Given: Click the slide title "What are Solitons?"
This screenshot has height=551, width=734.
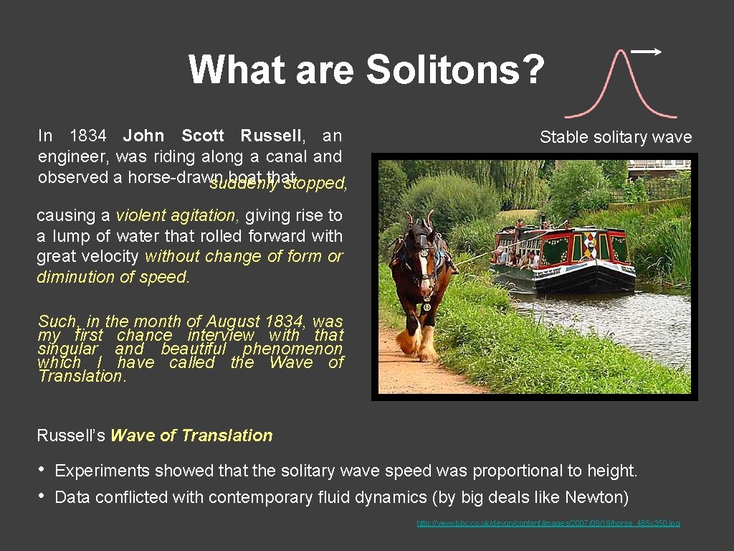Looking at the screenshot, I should click(366, 70).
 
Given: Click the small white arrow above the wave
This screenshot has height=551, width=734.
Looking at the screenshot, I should click(647, 52).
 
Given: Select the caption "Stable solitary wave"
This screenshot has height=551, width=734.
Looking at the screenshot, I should click(616, 137).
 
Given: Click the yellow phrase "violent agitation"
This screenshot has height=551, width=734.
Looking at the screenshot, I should click(176, 215).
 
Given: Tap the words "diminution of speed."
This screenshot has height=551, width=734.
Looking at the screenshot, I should click(113, 277).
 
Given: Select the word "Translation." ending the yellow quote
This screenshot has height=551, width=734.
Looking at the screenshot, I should click(82, 376).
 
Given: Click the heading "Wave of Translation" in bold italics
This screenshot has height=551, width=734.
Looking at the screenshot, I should click(191, 435).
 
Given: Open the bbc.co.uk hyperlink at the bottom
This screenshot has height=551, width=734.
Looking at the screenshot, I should click(548, 523).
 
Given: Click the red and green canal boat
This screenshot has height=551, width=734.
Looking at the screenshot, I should click(566, 258).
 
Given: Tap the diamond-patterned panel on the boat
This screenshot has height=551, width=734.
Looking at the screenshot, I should click(589, 246).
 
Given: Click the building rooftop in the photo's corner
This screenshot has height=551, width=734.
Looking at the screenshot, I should click(658, 165).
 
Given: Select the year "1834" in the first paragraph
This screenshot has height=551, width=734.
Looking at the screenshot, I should click(88, 136).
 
